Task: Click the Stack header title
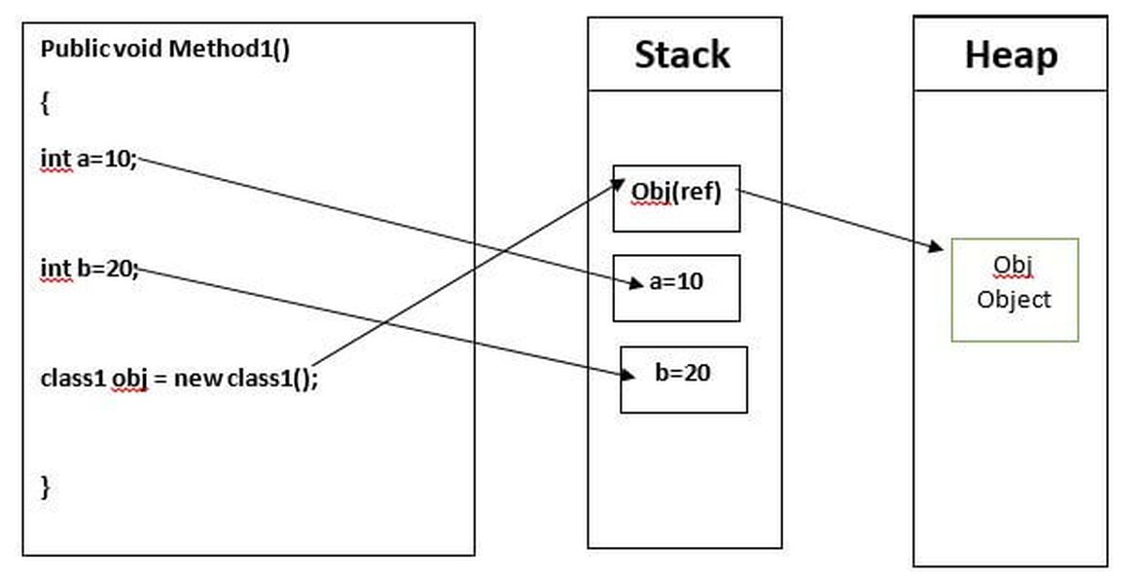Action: click(x=682, y=55)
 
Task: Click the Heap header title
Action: click(x=1011, y=55)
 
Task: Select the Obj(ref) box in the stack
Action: click(x=676, y=199)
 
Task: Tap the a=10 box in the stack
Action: click(x=676, y=288)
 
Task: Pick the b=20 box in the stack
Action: click(x=684, y=380)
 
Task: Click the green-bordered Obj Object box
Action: click(x=1015, y=289)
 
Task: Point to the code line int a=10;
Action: click(x=89, y=159)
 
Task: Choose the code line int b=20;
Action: click(x=89, y=269)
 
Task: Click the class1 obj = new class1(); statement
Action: click(x=179, y=378)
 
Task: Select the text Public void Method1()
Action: click(x=165, y=50)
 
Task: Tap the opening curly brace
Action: click(x=45, y=104)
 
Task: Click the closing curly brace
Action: click(x=45, y=487)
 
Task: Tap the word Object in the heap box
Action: click(x=1014, y=300)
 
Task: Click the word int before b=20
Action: click(x=55, y=269)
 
